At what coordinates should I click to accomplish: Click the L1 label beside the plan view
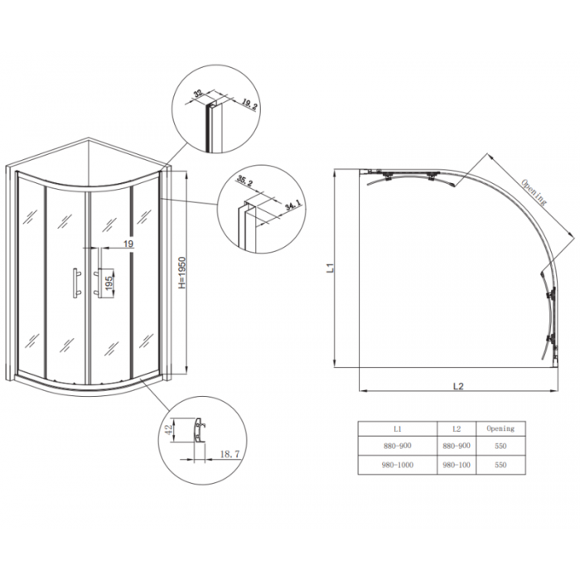tap(329, 268)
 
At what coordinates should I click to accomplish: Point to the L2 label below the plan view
tap(458, 384)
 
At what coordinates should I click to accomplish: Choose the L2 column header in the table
tap(457, 428)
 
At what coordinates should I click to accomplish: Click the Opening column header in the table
tap(500, 428)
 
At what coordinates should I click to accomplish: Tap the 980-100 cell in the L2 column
tap(457, 466)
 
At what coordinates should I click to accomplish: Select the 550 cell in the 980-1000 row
tap(500, 466)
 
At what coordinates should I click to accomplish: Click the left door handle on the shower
tap(75, 282)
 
